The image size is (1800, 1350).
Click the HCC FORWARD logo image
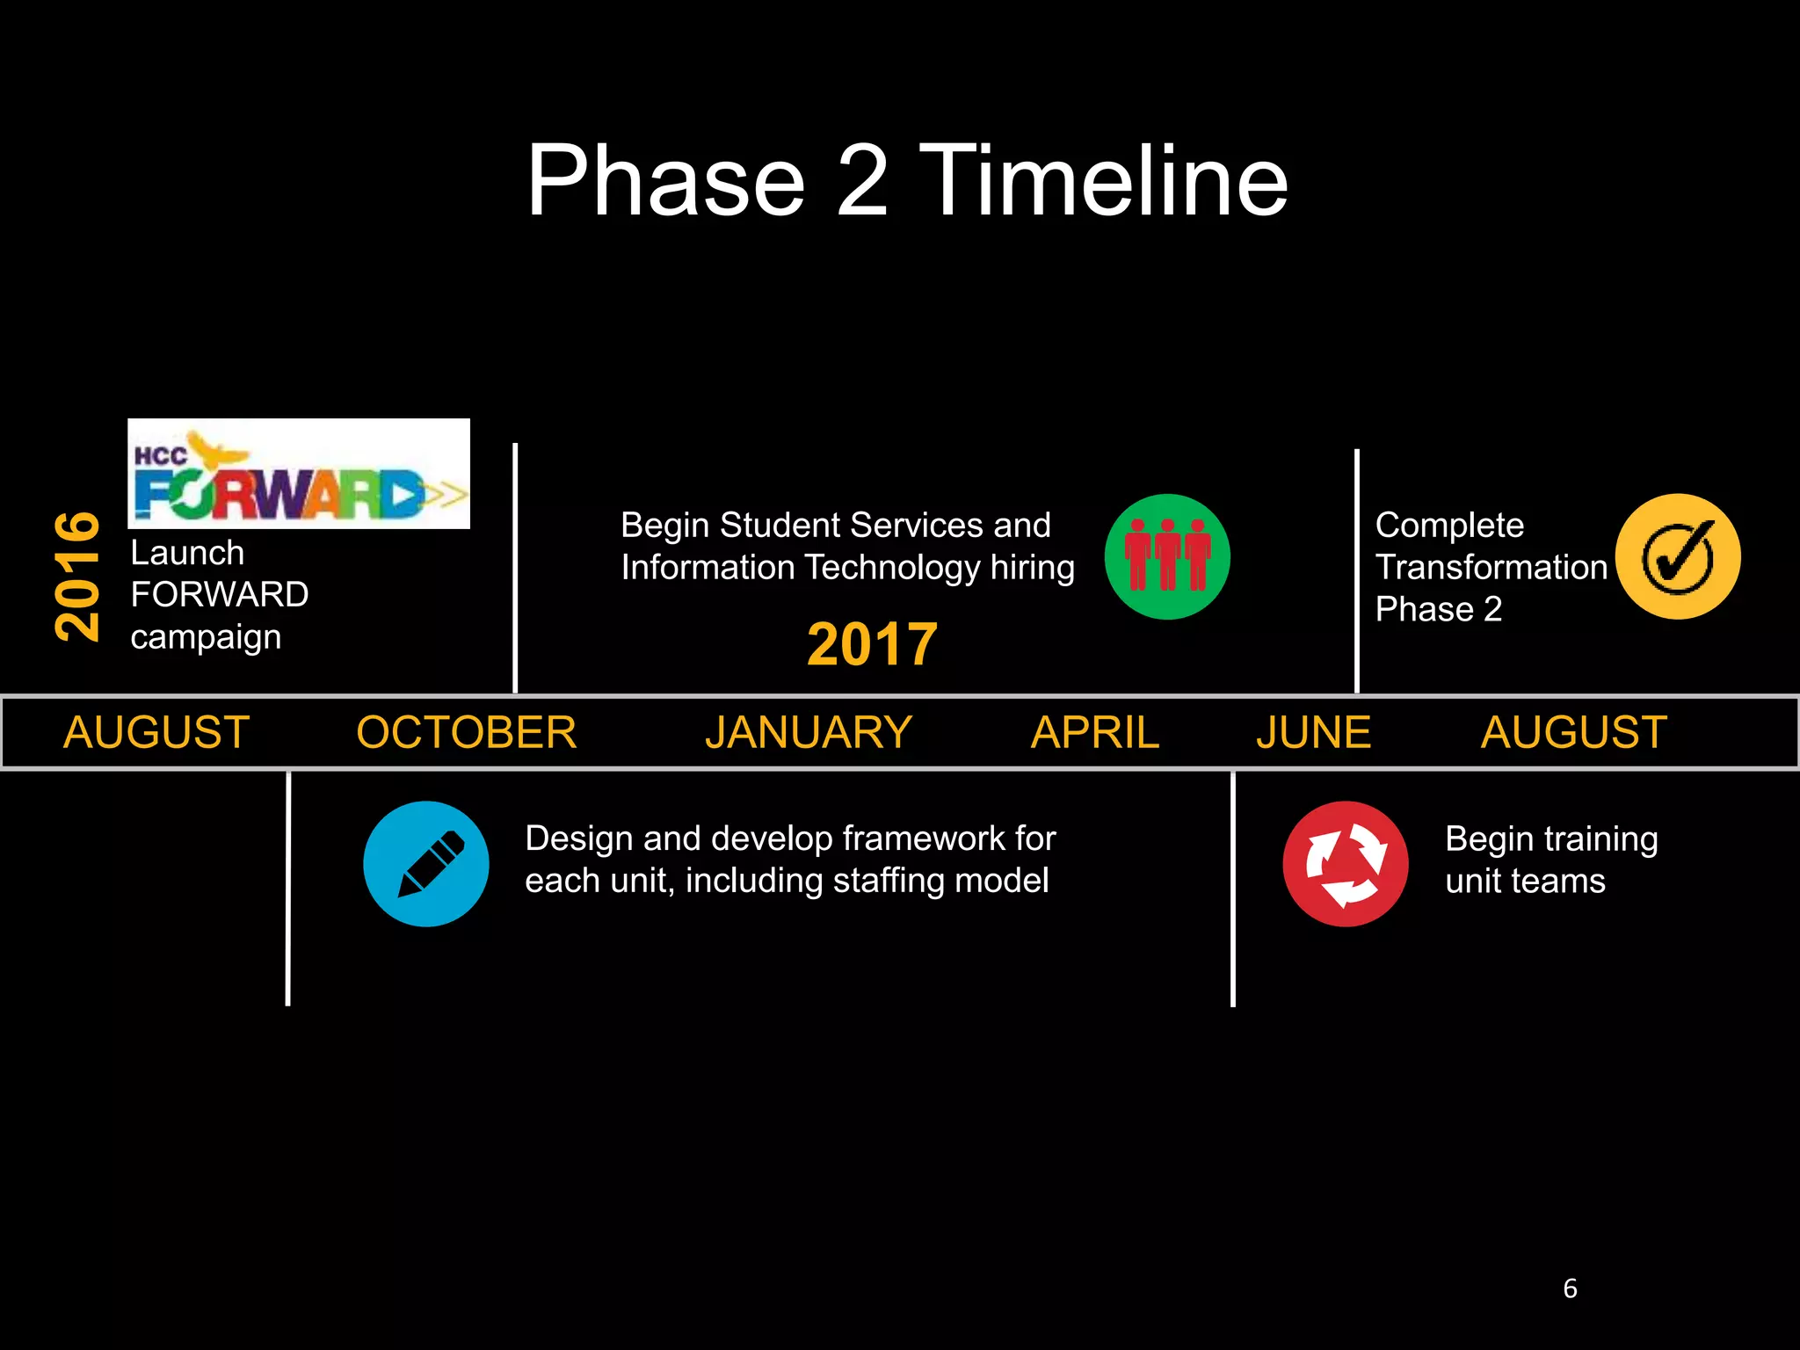tap(299, 474)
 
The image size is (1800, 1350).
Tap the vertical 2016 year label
tap(77, 576)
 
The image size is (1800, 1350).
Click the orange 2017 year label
tap(872, 644)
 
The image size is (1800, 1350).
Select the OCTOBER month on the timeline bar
tap(467, 732)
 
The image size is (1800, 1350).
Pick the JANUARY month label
tap(809, 732)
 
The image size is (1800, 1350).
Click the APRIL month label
tap(1095, 732)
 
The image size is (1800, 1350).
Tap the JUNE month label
tap(1313, 732)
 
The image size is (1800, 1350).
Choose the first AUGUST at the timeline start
tap(156, 732)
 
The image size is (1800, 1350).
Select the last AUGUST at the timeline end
tap(1573, 732)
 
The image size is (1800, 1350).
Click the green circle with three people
tap(1167, 556)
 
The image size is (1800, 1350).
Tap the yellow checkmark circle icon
tap(1678, 556)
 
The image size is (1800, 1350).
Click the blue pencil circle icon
tap(426, 863)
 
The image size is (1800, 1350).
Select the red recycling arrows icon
tap(1346, 863)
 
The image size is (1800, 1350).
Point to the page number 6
tap(1570, 1288)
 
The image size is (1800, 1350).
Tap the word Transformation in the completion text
tap(1491, 567)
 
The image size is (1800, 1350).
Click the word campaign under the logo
tap(206, 637)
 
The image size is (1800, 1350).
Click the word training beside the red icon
tap(1600, 839)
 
